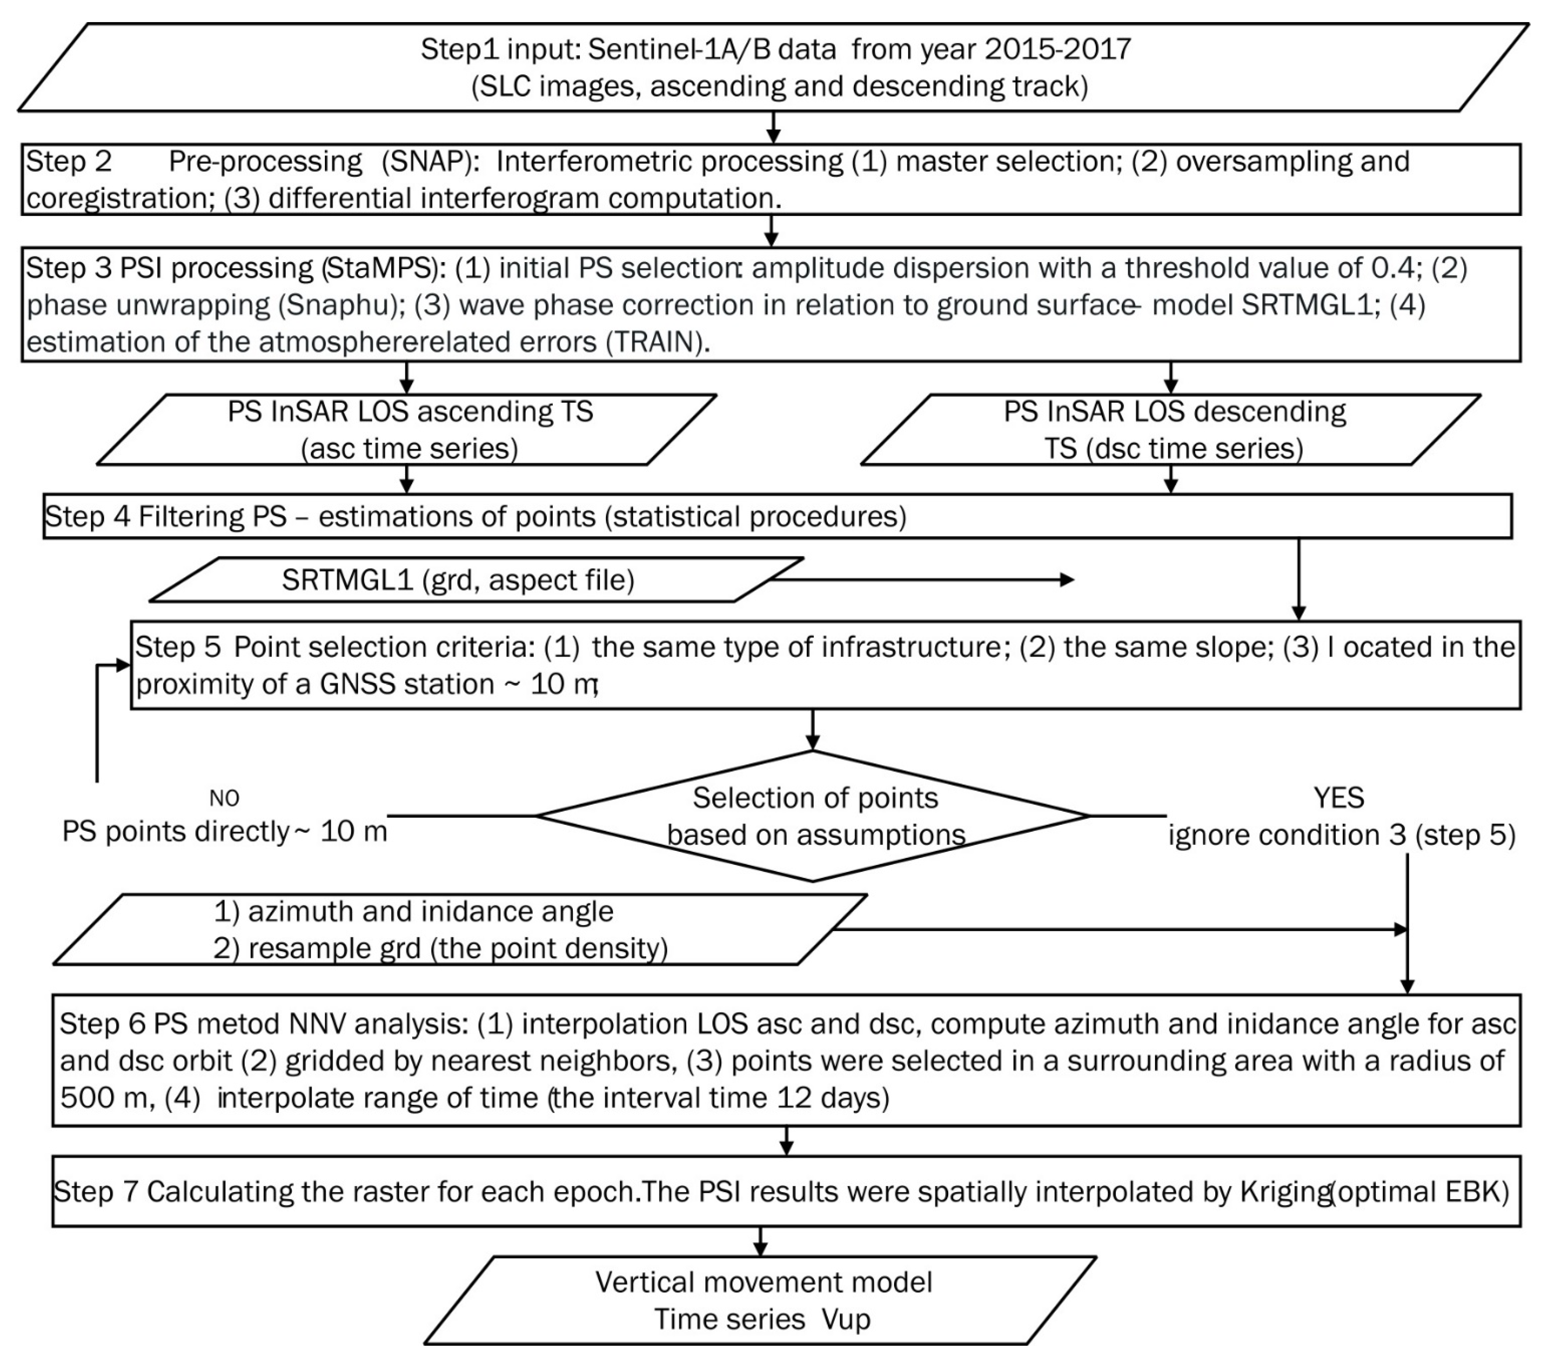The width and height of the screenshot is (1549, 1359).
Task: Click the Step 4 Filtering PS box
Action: point(777,516)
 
